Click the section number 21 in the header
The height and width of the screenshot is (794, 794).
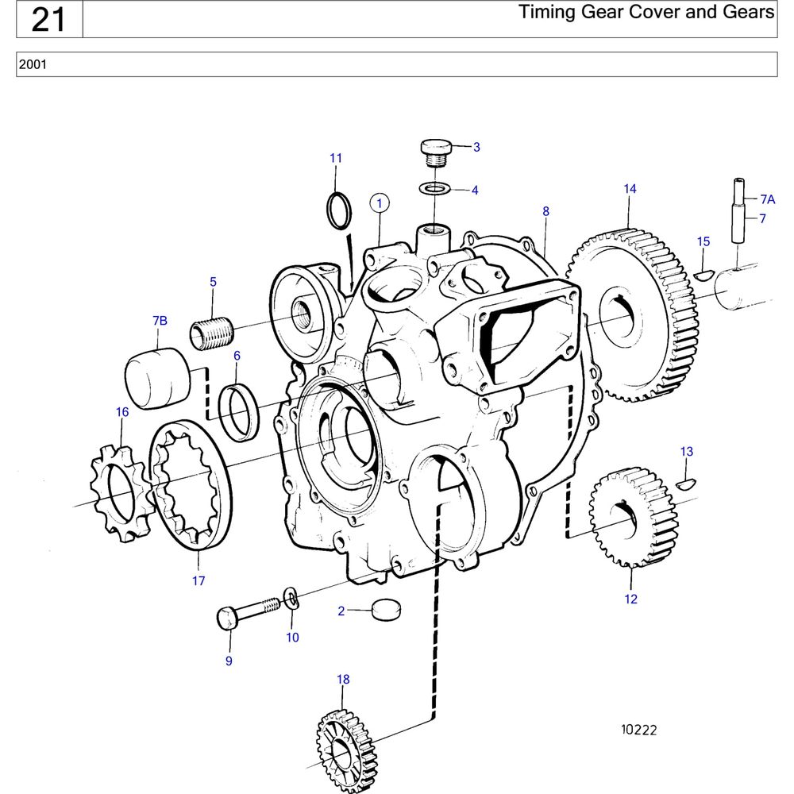[48, 20]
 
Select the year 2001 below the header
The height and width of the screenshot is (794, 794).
[33, 64]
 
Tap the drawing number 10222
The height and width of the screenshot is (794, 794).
[639, 730]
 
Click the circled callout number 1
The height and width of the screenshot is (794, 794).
[380, 203]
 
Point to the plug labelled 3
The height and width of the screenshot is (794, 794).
[435, 151]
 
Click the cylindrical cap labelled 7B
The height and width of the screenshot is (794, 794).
[157, 379]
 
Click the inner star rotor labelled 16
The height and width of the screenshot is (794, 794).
[119, 492]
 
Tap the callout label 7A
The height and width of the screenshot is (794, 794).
[767, 199]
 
